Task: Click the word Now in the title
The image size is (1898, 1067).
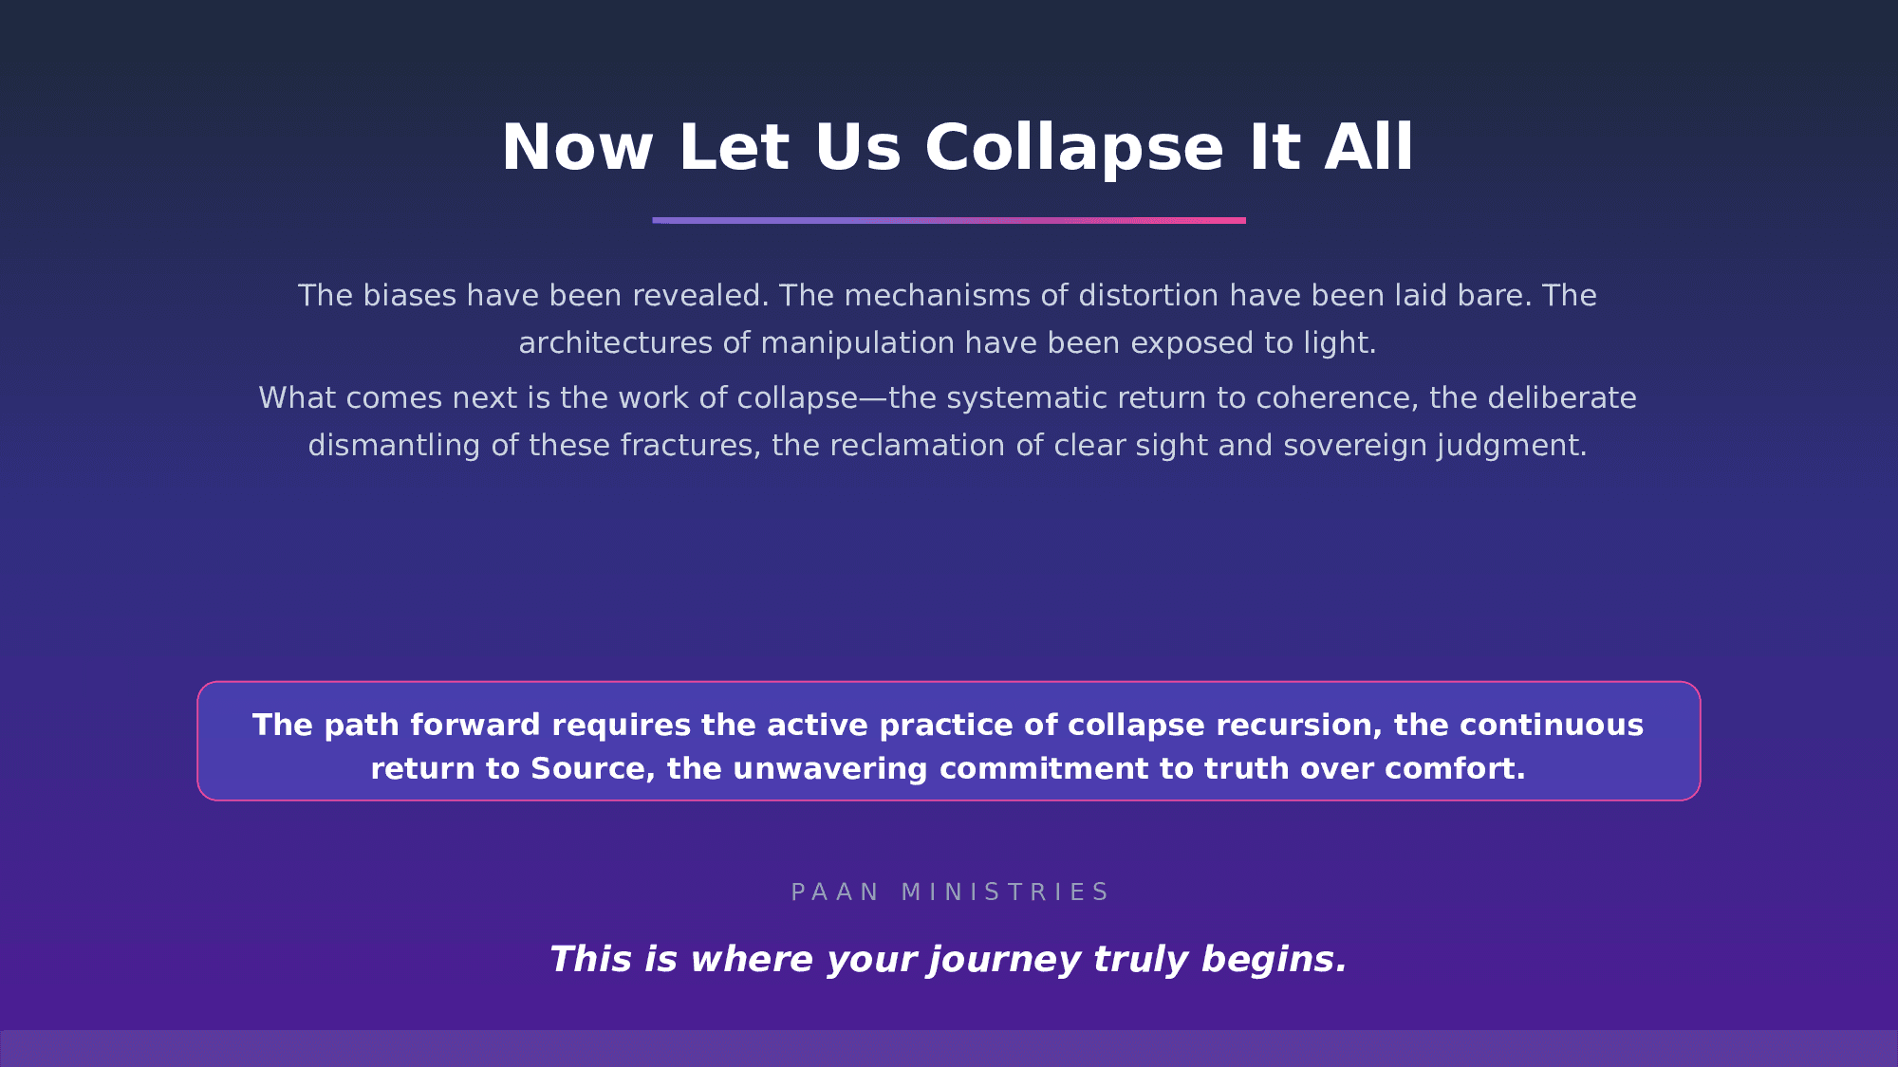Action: point(578,148)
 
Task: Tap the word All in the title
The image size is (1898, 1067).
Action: point(1369,148)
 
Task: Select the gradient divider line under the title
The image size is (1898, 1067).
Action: point(949,220)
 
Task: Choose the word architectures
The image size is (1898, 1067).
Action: point(616,342)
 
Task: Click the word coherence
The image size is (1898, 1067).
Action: point(1338,397)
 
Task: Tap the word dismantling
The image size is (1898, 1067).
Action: point(394,445)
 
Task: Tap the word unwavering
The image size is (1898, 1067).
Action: point(829,768)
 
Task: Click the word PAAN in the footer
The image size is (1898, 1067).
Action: point(835,892)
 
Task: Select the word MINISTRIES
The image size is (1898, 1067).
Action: point(1005,892)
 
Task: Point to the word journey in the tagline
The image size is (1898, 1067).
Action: point(1005,959)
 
